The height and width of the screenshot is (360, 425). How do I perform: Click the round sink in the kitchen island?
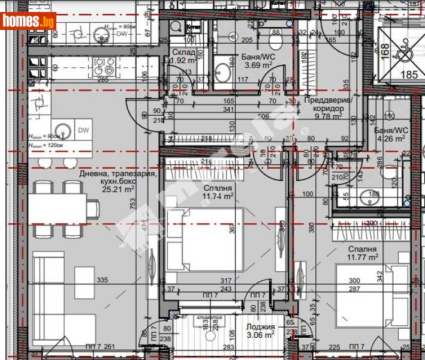pyautogui.click(x=61, y=130)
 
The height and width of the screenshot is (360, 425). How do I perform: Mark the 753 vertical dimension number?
pyautogui.click(x=133, y=204)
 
